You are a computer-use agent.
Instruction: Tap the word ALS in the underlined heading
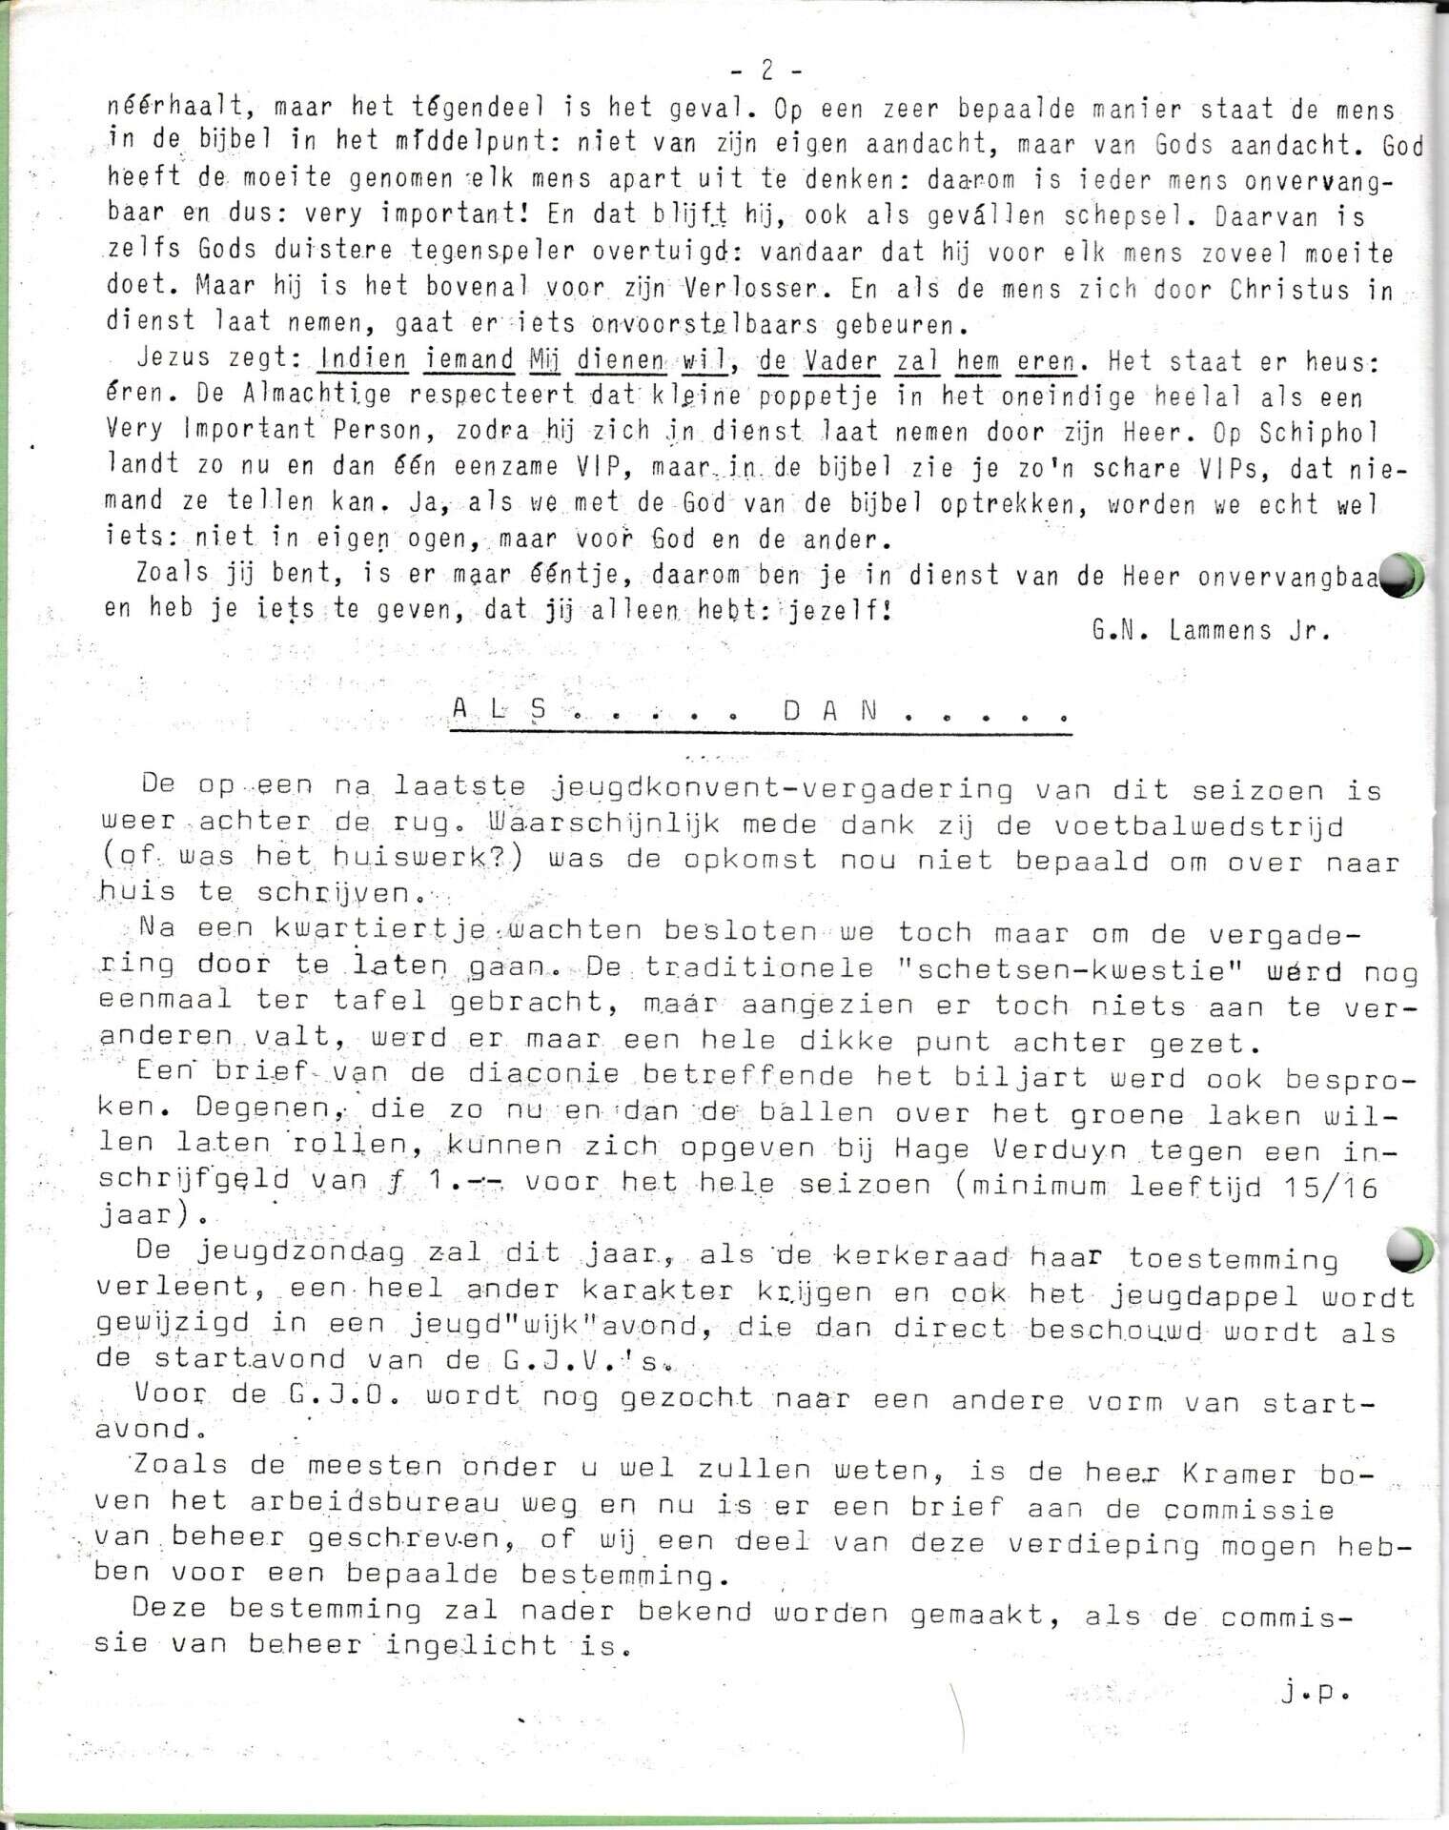coord(501,710)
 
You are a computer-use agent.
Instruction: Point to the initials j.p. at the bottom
coord(1316,1692)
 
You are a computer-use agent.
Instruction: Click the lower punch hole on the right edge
coord(1408,1250)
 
